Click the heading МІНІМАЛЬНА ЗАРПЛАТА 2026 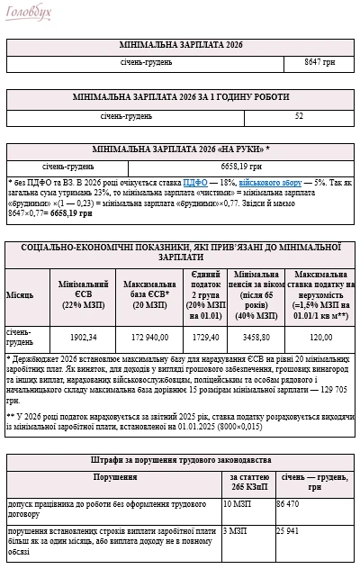point(180,44)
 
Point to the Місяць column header point(21,294)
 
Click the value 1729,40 point(206,337)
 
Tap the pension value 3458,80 point(259,337)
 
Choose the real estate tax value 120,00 point(321,337)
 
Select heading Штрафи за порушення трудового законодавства point(180,461)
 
